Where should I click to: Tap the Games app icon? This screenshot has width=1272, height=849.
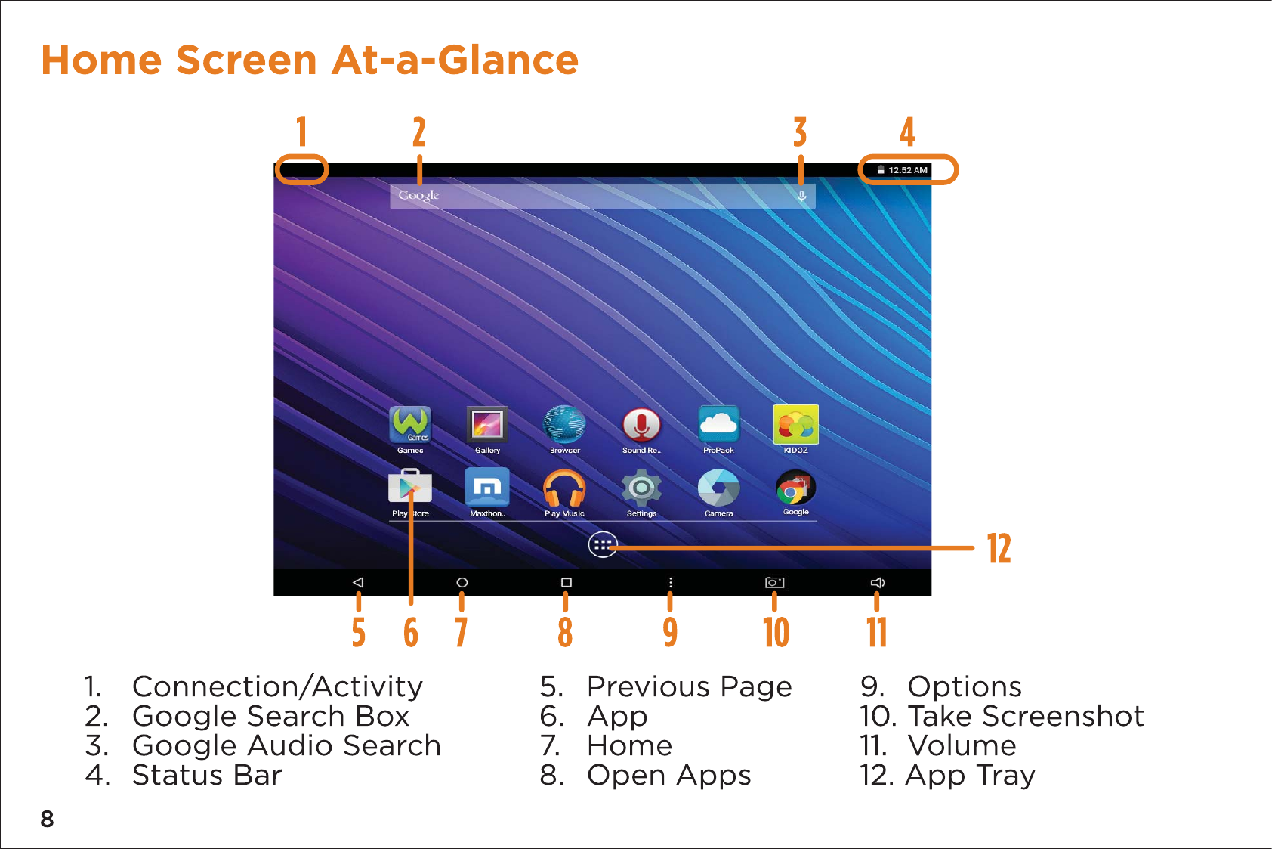coord(410,424)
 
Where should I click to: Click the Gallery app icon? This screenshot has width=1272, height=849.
coord(486,424)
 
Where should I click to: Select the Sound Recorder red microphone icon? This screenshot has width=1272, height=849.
coord(641,425)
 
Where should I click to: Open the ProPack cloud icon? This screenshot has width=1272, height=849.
coord(718,424)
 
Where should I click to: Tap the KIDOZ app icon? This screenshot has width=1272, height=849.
coord(795,424)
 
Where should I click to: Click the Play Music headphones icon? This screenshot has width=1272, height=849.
coord(564,488)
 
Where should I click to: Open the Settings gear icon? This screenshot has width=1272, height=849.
coord(641,488)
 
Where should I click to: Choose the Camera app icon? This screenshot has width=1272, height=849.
coord(718,488)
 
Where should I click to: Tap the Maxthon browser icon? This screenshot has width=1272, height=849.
coord(486,488)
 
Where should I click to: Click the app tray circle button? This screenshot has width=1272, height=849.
coord(603,545)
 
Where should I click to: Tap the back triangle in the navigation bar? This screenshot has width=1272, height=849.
coord(358,582)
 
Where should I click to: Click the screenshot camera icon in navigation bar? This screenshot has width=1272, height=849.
coord(774,582)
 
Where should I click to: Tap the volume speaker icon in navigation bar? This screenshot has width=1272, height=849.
coord(878,582)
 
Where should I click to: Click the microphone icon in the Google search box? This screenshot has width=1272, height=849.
coord(801,196)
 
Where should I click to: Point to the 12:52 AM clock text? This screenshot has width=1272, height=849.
coord(907,170)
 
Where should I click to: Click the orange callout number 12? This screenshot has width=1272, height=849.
coord(999,548)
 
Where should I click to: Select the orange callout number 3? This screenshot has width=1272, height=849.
coord(800,132)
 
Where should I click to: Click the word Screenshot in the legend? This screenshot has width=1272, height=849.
coord(1063,716)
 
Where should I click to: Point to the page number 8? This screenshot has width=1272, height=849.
coord(47,820)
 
